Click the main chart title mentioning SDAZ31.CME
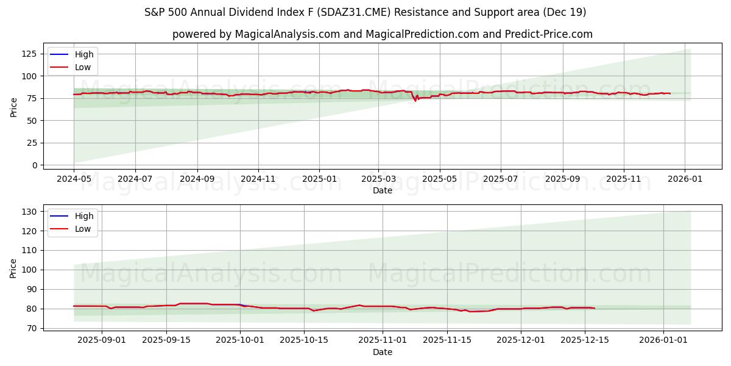[x=365, y=12]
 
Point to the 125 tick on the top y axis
[x=29, y=54]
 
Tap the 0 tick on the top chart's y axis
[x=34, y=165]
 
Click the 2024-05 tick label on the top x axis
[x=74, y=179]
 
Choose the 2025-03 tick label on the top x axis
[x=378, y=179]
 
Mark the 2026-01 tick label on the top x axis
[x=685, y=179]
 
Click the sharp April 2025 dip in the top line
[x=415, y=100]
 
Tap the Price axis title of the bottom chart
[x=13, y=268]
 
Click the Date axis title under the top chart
[x=382, y=191]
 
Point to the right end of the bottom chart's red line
[x=594, y=308]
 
